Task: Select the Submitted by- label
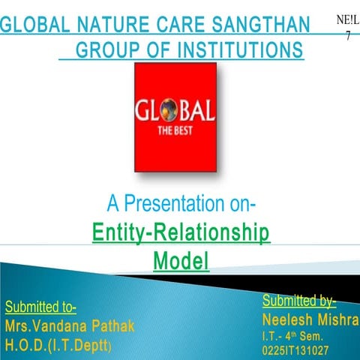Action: [298, 301]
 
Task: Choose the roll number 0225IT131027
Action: [295, 350]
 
